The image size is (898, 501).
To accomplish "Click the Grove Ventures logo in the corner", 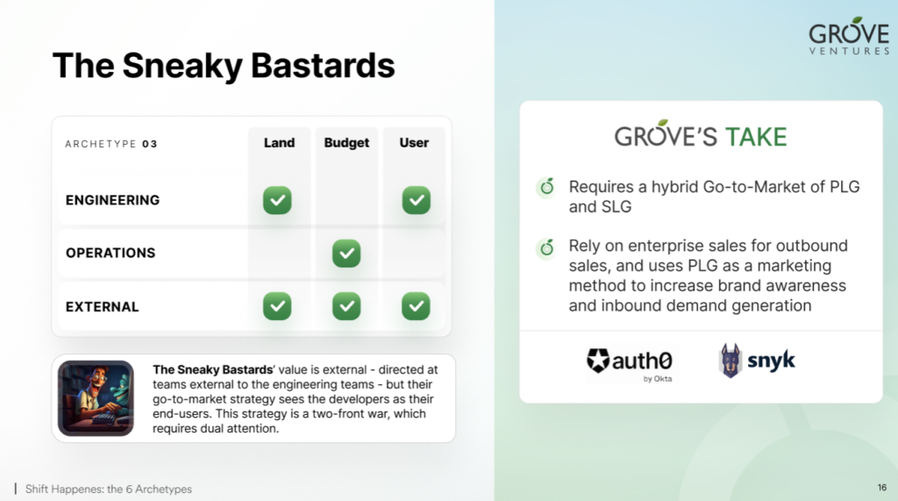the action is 849,36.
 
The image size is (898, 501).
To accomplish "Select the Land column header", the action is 279,143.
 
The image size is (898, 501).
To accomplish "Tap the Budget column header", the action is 346,143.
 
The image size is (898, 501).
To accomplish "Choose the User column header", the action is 414,143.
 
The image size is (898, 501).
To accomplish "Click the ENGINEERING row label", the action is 112,200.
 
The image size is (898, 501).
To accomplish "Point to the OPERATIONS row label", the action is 110,253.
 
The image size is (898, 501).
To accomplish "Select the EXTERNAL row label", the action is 102,307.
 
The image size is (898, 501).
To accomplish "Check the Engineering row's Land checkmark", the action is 277,200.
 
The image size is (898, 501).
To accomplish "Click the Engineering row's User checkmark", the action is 417,200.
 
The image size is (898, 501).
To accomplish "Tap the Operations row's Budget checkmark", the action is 346,254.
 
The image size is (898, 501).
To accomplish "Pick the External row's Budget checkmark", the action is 346,306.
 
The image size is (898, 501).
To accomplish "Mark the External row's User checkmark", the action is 416,306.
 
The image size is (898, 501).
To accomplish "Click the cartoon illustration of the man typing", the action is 96,398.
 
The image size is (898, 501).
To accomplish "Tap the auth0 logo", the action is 630,363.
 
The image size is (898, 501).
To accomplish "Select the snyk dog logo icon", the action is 731,361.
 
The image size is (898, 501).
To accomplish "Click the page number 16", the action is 882,487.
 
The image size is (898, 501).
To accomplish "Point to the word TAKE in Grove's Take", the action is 756,137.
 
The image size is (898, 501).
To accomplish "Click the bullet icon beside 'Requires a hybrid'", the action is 547,187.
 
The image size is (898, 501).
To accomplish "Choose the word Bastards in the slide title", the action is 323,65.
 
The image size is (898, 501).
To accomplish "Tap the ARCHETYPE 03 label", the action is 111,144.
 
